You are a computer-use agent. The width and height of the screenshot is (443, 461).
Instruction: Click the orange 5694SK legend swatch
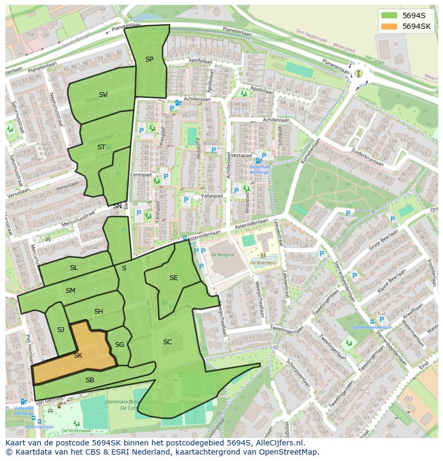point(389,26)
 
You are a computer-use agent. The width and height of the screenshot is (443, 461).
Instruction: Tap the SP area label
point(149,59)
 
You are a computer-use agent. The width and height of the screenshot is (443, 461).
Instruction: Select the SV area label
point(103,95)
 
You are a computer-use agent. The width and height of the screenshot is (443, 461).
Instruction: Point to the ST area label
point(101,147)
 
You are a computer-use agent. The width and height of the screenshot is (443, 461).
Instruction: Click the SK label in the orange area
point(78,356)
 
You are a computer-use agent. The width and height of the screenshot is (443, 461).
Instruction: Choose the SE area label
point(173,277)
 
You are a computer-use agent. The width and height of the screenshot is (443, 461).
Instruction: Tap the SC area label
point(167,342)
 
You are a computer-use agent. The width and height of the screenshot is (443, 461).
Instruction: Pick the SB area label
point(90,380)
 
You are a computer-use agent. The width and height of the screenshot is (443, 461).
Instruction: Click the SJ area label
point(60,330)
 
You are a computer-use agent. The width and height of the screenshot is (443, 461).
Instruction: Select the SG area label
point(119,345)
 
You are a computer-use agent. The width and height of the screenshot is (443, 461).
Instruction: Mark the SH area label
point(98,312)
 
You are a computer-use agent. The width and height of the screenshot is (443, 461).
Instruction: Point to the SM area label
point(71,291)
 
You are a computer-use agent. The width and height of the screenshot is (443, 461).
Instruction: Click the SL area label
point(74,267)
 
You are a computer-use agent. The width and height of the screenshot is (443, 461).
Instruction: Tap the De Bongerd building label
point(223,255)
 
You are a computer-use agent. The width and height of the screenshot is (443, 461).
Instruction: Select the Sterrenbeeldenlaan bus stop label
point(372,327)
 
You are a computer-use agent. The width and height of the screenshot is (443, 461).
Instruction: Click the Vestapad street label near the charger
point(241,155)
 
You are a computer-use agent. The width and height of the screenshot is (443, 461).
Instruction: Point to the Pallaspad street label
point(211,197)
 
